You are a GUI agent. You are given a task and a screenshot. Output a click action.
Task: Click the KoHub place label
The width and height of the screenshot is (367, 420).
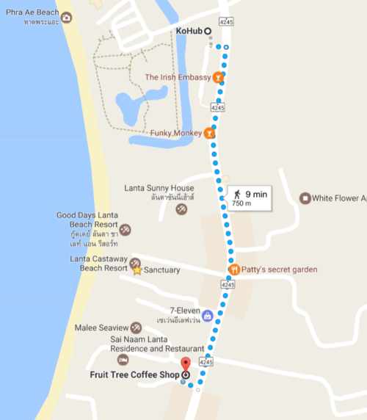coord(189,31)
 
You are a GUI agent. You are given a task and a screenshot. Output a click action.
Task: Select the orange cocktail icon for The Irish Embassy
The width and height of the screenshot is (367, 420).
coord(219,77)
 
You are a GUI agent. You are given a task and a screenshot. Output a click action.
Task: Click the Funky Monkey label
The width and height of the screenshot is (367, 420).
coord(175,134)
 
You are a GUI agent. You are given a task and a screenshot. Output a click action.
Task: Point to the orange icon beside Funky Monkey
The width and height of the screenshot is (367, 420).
coord(209,134)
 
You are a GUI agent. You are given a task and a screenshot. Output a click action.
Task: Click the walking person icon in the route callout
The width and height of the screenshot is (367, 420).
coord(237,192)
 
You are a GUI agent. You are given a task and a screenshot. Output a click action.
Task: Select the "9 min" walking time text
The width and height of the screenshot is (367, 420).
coord(255,192)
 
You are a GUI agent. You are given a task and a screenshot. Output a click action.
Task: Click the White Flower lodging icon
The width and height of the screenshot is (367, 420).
coord(305,198)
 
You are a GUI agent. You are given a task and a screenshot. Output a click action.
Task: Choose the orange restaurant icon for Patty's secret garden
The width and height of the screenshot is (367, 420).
coord(233,269)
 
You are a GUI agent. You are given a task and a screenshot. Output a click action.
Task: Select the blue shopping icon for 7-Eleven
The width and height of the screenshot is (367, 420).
coord(207,316)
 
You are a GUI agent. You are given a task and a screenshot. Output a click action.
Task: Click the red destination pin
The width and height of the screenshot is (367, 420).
coord(185,364)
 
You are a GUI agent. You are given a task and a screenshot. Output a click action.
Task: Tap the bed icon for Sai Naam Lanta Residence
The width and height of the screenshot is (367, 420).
coord(123,359)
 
